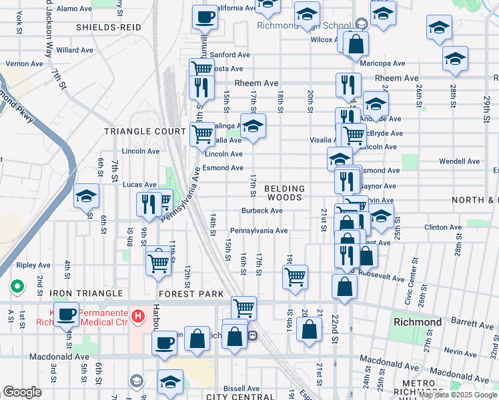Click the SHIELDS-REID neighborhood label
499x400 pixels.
point(109,27)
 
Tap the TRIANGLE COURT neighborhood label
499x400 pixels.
point(145,131)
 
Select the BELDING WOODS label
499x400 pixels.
point(286,193)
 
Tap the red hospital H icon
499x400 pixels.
point(139,315)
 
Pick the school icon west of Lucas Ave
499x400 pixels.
point(86,197)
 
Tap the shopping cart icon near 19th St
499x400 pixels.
point(295,276)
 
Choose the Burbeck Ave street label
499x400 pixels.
point(262,211)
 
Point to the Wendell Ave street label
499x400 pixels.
point(460,161)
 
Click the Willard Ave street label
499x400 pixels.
point(75,50)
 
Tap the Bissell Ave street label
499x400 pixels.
point(241,388)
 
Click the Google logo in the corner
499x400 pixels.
point(22,392)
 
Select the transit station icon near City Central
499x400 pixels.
point(253,335)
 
